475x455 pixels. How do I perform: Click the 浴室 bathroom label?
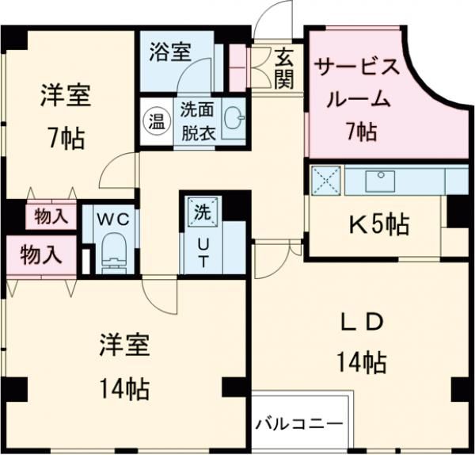point(169,52)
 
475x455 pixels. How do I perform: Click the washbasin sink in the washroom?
point(234,120)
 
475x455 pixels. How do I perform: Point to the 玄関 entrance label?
point(285,68)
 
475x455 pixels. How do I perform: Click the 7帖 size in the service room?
point(360,132)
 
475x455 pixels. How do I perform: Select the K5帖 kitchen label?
point(380,225)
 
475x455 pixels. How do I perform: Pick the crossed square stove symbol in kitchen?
point(325,180)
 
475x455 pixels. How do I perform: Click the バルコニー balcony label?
point(299,422)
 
